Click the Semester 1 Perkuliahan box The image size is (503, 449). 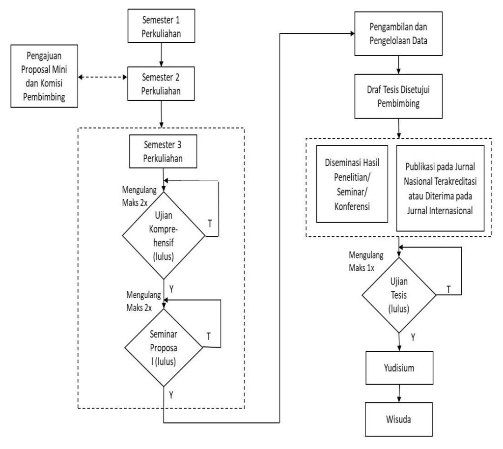[161, 26]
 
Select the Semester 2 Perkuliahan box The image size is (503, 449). [161, 84]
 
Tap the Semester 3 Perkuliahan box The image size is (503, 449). [163, 151]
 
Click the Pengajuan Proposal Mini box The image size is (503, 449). [44, 76]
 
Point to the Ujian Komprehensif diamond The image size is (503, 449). [164, 235]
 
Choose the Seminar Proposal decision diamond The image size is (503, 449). [164, 347]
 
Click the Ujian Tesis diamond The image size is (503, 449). [399, 295]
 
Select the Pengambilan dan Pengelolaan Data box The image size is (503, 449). [398, 34]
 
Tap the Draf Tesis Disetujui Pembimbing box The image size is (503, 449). [398, 96]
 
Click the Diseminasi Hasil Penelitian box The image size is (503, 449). [352, 184]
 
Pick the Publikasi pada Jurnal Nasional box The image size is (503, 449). [440, 188]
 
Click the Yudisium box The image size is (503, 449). [399, 367]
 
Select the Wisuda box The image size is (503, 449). [399, 419]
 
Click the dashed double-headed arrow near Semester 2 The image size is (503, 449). [103, 77]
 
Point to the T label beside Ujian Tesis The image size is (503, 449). [448, 290]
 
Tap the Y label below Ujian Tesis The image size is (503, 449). [413, 337]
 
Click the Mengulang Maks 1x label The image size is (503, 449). [366, 261]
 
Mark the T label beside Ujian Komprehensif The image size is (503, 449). [210, 223]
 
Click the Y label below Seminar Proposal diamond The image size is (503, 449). [171, 395]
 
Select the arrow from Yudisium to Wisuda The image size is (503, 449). [399, 393]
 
